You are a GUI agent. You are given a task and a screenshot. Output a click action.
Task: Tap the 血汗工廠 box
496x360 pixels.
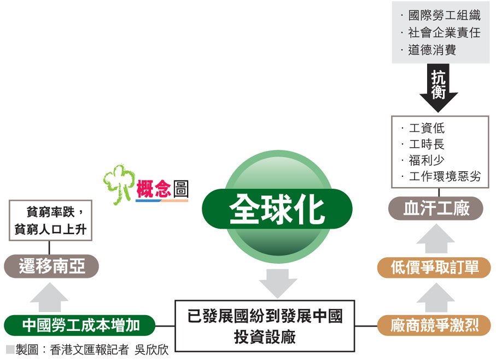pyautogui.click(x=436, y=209)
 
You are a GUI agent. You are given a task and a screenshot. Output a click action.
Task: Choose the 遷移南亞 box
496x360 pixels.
pyautogui.click(x=52, y=267)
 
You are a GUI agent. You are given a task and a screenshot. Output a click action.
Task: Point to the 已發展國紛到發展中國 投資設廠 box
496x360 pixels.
pyautogui.click(x=265, y=326)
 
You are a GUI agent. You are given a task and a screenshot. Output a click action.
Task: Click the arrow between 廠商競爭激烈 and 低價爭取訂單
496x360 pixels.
pyautogui.click(x=435, y=297)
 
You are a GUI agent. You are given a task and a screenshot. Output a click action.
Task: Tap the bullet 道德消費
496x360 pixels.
pyautogui.click(x=432, y=50)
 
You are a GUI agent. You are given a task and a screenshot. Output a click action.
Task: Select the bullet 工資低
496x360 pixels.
pyautogui.click(x=427, y=129)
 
